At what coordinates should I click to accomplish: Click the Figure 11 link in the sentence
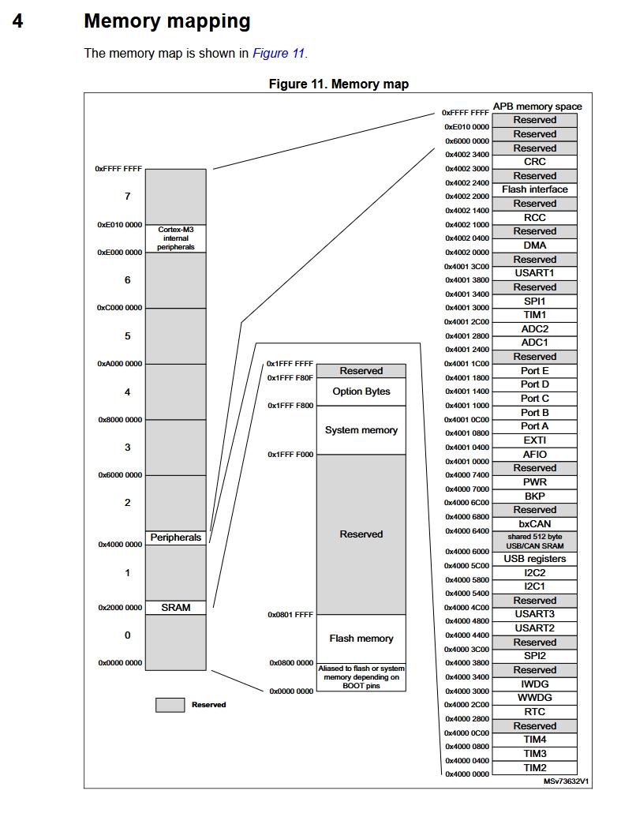[x=278, y=54]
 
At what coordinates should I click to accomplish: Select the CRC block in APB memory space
[x=534, y=162]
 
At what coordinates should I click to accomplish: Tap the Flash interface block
[x=534, y=189]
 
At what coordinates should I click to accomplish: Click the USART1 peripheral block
[x=534, y=273]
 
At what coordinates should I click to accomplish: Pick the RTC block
[x=534, y=712]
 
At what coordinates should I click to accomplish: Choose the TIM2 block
[x=534, y=767]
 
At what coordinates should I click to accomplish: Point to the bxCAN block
[x=534, y=523]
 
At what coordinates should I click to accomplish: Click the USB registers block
[x=534, y=559]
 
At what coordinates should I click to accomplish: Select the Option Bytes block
[x=361, y=392]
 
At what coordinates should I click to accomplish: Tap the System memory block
[x=361, y=430]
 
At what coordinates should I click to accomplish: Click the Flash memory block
[x=361, y=639]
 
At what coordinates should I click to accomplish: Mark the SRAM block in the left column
[x=175, y=608]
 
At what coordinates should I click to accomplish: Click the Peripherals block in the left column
[x=175, y=538]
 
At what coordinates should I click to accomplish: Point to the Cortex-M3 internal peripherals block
[x=175, y=238]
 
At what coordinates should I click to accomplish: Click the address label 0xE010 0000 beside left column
[x=120, y=225]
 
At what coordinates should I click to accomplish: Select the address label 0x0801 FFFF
[x=290, y=615]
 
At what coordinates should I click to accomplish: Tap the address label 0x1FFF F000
[x=290, y=455]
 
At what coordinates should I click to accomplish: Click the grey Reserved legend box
[x=170, y=705]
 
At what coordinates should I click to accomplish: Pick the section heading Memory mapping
[x=166, y=21]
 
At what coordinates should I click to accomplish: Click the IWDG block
[x=534, y=684]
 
